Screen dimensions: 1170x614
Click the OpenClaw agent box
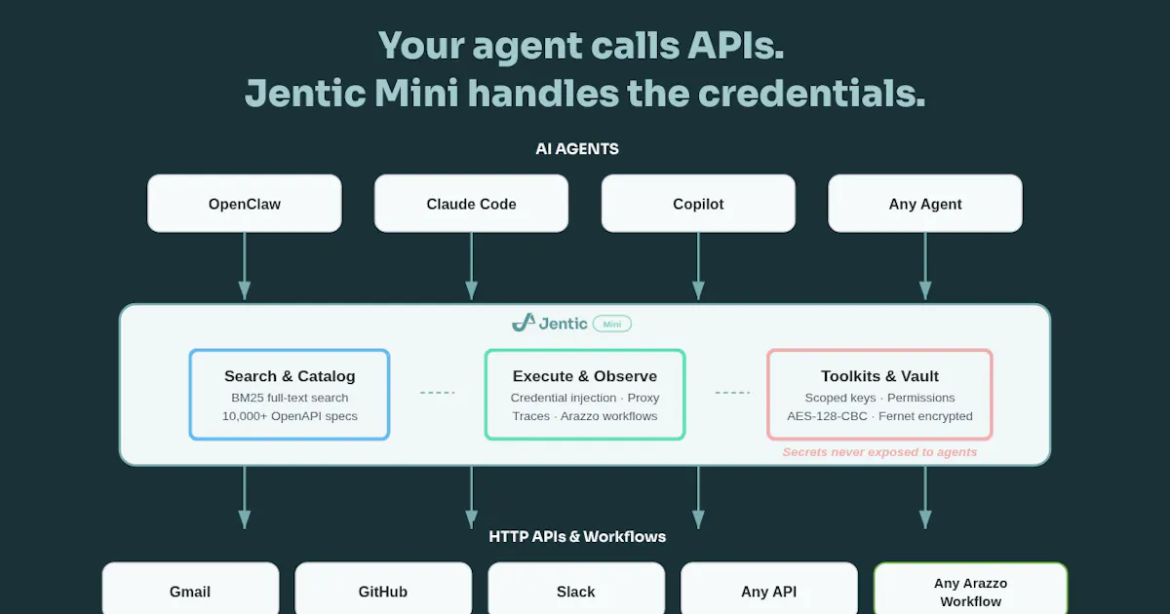pos(245,204)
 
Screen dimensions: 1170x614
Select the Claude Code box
pos(471,204)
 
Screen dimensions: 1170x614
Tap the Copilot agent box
pos(698,204)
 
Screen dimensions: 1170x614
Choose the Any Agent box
pos(925,204)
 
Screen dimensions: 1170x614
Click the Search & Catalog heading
pos(290,376)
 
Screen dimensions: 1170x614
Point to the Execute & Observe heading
pos(584,376)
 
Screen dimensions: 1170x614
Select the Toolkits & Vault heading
pos(879,376)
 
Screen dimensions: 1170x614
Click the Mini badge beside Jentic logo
pos(612,324)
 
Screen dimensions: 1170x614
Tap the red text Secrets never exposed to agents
pos(879,452)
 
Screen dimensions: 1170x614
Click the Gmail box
pos(190,589)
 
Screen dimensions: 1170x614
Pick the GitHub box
pos(383,589)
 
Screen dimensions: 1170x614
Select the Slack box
pos(576,589)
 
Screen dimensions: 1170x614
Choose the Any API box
pos(769,589)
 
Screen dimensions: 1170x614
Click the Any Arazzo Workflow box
pos(970,589)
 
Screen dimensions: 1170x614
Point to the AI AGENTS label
pos(577,149)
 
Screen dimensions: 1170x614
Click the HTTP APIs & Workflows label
pos(577,537)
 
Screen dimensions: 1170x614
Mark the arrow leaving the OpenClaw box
pos(245,266)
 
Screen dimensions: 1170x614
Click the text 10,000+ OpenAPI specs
pos(290,416)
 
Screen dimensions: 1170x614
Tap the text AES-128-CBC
pos(827,416)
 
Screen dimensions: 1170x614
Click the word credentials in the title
pos(811,93)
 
